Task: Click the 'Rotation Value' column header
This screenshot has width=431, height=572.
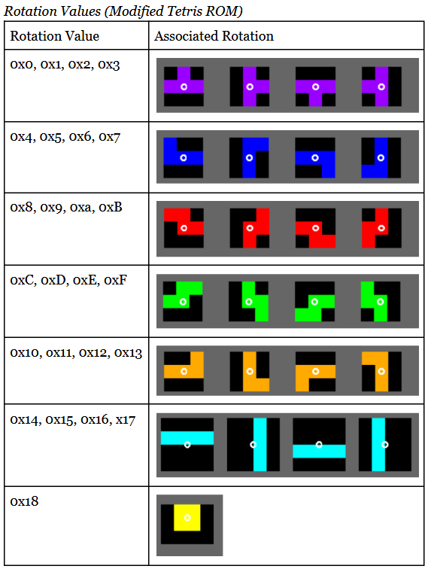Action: pos(55,36)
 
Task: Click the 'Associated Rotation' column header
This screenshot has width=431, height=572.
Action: pos(214,36)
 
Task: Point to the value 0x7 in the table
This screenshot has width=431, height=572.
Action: pos(109,136)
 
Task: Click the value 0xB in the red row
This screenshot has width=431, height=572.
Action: pos(111,207)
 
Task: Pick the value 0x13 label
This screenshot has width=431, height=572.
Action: pos(128,353)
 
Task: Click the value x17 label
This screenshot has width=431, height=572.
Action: pos(125,420)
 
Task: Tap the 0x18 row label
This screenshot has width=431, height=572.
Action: pos(24,501)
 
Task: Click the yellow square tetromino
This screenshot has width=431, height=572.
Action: pos(187,518)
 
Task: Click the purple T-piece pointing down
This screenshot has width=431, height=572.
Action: pos(315,90)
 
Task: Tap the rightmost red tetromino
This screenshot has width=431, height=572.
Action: pos(375,228)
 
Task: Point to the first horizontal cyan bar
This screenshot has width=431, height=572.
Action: pos(187,438)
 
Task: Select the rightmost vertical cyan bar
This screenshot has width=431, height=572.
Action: pos(378,444)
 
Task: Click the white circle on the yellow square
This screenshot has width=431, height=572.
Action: pos(187,518)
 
